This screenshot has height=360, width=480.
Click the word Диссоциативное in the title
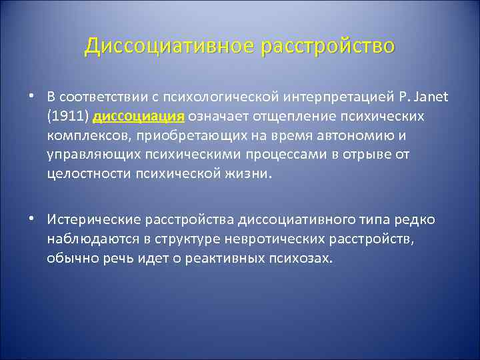point(170,46)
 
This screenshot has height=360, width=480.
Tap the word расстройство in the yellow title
point(328,46)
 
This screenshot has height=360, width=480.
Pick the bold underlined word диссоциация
point(139,117)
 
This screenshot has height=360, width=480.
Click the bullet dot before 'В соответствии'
point(31,97)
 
